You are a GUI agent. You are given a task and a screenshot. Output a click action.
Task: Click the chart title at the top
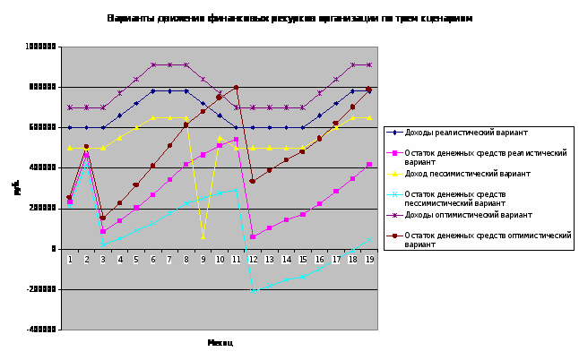(x=289, y=18)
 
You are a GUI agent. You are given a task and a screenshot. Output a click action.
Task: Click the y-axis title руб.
(x=16, y=188)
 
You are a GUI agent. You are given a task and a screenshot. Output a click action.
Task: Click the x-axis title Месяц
(x=220, y=342)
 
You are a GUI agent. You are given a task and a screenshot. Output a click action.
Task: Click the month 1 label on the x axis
(x=69, y=258)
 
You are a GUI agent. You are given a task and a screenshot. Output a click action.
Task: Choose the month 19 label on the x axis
(x=367, y=258)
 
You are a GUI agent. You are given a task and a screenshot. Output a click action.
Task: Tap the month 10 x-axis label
(x=219, y=258)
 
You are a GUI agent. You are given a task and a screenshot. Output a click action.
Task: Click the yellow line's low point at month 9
(x=203, y=237)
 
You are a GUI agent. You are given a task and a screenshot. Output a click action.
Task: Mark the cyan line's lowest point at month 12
(x=253, y=291)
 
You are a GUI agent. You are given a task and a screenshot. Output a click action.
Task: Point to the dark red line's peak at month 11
(x=236, y=88)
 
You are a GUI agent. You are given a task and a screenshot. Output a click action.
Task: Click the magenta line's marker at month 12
(x=253, y=236)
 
